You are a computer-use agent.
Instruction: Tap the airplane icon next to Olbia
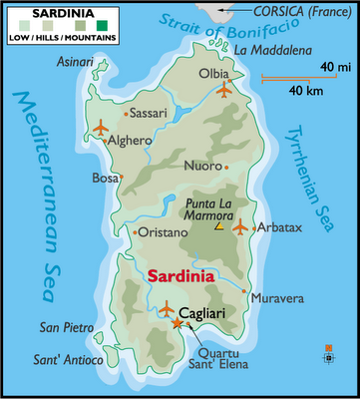(x=222, y=91)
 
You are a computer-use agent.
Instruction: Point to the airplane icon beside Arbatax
(x=239, y=227)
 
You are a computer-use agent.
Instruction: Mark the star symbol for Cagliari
(x=178, y=324)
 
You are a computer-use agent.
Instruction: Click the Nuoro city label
(x=203, y=166)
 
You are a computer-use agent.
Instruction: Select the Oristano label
(x=162, y=232)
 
